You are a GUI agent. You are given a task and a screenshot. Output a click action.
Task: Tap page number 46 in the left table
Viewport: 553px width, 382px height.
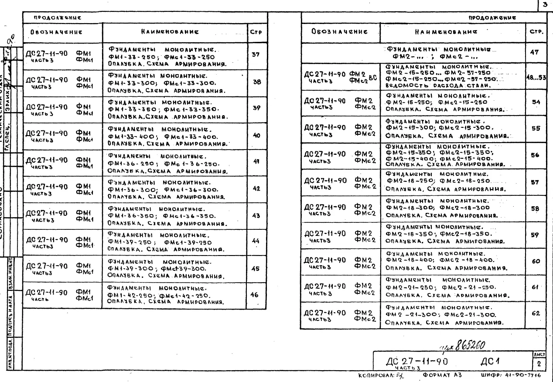[x=256, y=295]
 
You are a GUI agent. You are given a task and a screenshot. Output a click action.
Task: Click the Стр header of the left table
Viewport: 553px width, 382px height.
[x=256, y=32]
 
